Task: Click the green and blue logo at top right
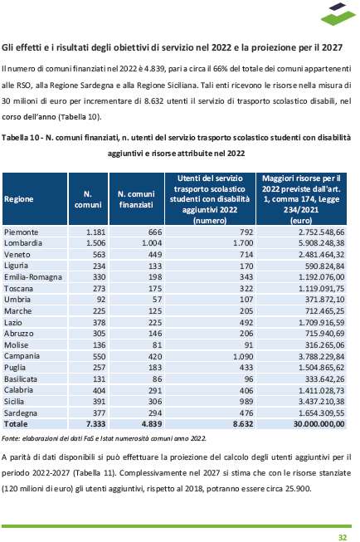[x=338, y=14]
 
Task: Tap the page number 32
[x=342, y=537]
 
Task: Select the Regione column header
[x=18, y=199]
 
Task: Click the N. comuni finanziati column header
[x=136, y=199]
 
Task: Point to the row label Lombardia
[x=23, y=243]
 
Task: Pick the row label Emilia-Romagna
[x=33, y=277]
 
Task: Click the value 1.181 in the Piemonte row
[x=95, y=232]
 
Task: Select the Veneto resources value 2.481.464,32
[x=322, y=255]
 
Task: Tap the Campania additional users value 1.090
[x=243, y=356]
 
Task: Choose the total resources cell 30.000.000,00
[x=319, y=424]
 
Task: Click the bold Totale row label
[x=16, y=424]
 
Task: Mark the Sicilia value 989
[x=246, y=402]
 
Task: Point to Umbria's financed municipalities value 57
[x=158, y=300]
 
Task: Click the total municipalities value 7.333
[x=95, y=424]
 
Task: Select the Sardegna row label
[x=21, y=413]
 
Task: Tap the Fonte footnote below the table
[x=104, y=438]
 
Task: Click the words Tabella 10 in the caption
[x=20, y=138]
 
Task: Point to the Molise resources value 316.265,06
[x=325, y=345]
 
